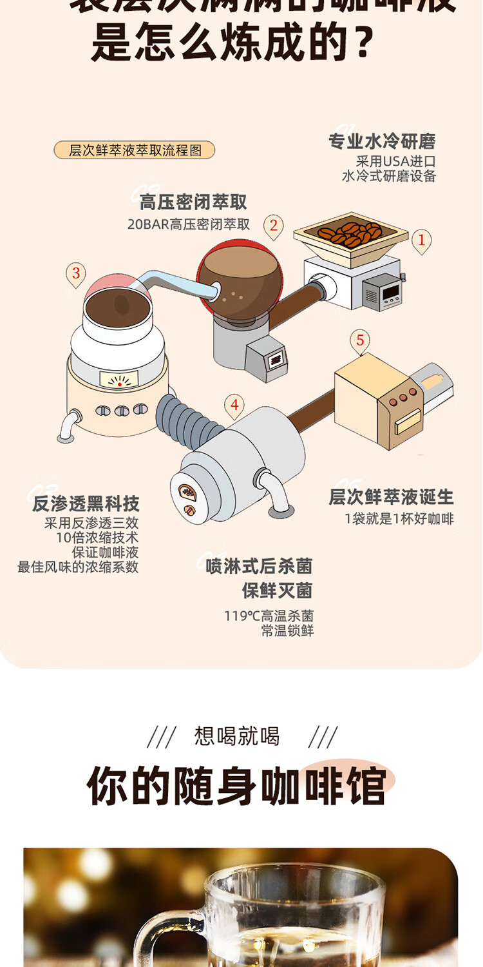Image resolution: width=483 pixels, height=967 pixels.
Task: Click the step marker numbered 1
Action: coord(422,241)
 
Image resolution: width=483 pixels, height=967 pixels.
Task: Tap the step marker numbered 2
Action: coord(274,226)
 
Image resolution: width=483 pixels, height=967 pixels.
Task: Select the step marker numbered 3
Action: coord(76,274)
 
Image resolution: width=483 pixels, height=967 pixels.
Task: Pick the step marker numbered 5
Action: coord(360,340)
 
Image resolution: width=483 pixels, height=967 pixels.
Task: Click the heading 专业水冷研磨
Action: coord(382,141)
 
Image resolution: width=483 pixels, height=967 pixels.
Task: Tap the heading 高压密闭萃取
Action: coord(193,202)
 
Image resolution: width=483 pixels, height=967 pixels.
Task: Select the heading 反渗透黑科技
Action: coord(86,503)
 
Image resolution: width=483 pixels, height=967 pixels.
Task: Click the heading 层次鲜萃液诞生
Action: coord(391,497)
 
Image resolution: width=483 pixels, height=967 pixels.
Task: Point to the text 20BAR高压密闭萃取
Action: coord(188,224)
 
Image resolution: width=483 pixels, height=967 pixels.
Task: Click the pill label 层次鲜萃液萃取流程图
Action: coord(135,150)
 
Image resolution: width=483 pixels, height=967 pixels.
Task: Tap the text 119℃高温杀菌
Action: coord(269,616)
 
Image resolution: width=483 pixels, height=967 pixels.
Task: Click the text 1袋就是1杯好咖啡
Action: coord(399,519)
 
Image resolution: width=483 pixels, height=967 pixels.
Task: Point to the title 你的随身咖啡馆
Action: coord(236,786)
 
